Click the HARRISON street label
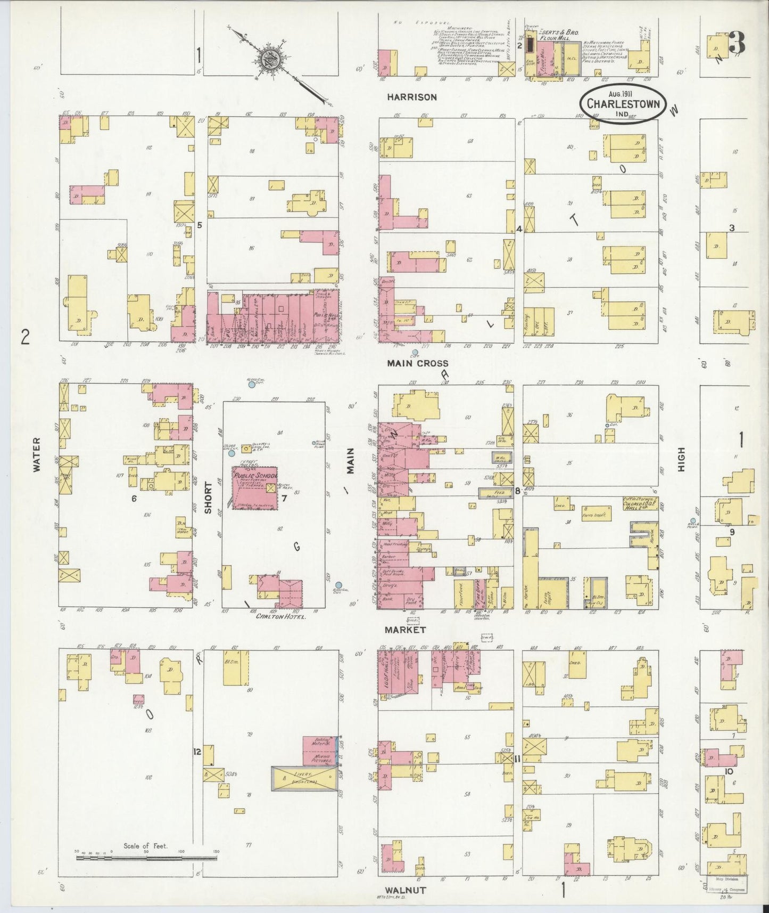412,97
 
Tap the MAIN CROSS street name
417,363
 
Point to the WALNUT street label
406,890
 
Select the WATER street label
36,454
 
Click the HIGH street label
681,459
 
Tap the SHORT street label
208,498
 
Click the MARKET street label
407,630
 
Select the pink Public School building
254,488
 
